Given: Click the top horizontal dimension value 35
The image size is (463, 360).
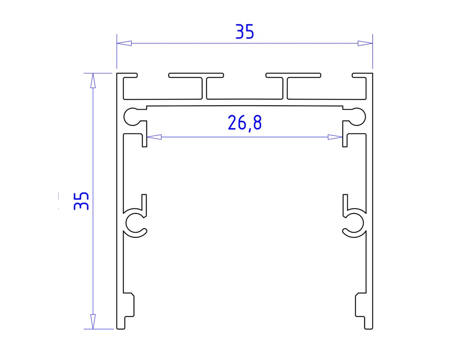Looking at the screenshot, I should (x=245, y=32).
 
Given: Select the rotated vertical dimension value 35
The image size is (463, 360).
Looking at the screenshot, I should (x=81, y=201).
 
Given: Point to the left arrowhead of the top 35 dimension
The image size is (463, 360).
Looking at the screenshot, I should (x=124, y=43).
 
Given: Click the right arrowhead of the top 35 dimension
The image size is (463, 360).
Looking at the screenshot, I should (x=365, y=43).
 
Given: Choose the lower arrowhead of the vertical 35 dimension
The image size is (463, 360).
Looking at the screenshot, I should (x=93, y=321).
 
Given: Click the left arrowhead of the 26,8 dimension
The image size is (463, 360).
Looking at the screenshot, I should (x=154, y=137).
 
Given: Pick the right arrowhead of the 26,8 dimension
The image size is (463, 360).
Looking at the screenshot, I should (x=335, y=137).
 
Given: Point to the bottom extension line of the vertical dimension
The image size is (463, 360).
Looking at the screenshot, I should (x=99, y=329).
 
